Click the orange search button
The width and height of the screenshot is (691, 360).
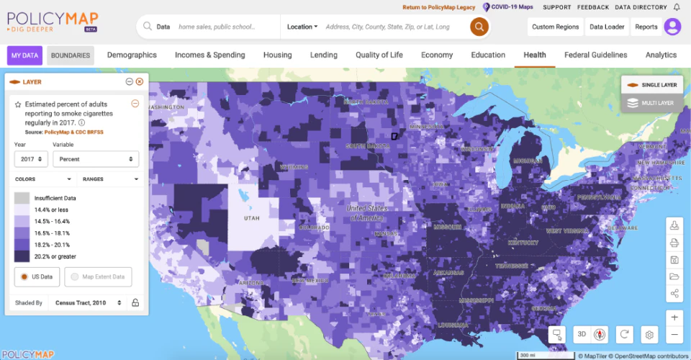pyautogui.click(x=479, y=27)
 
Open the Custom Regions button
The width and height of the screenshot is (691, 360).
pyautogui.click(x=555, y=27)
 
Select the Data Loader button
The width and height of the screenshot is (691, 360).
pyautogui.click(x=607, y=27)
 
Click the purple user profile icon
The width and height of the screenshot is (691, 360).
pyautogui.click(x=672, y=27)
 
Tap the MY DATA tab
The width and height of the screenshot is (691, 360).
pyautogui.click(x=24, y=55)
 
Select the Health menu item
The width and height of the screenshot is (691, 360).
pyautogui.click(x=534, y=55)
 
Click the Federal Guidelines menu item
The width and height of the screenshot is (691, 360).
pyautogui.click(x=595, y=55)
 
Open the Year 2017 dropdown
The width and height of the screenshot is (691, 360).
pyautogui.click(x=30, y=159)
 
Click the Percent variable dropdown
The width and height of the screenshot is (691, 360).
pyautogui.click(x=95, y=159)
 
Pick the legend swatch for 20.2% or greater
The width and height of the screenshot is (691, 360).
pyautogui.click(x=22, y=256)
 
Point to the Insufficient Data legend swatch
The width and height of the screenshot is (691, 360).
pyautogui.click(x=22, y=198)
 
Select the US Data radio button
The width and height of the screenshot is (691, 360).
pyautogui.click(x=24, y=276)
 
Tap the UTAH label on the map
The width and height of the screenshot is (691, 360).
pyautogui.click(x=251, y=217)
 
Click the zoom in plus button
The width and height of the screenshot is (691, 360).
pyautogui.click(x=674, y=318)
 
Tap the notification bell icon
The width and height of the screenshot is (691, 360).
pyautogui.click(x=677, y=7)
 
